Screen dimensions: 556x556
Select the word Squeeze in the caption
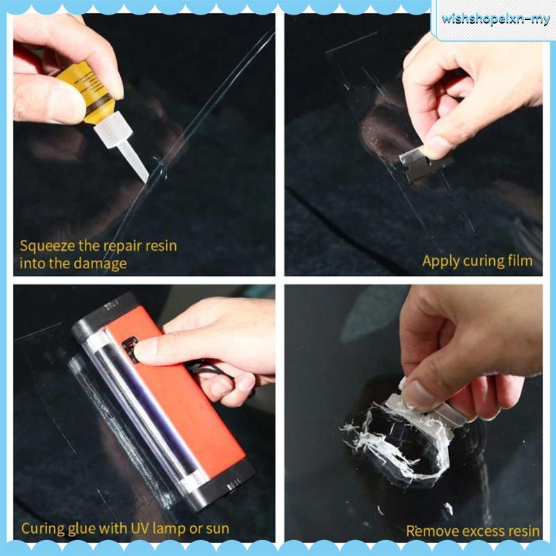(x=45, y=245)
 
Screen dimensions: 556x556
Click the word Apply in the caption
(x=440, y=261)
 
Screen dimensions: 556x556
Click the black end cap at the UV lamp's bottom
(x=222, y=480)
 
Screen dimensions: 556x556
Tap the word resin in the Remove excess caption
(x=523, y=531)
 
